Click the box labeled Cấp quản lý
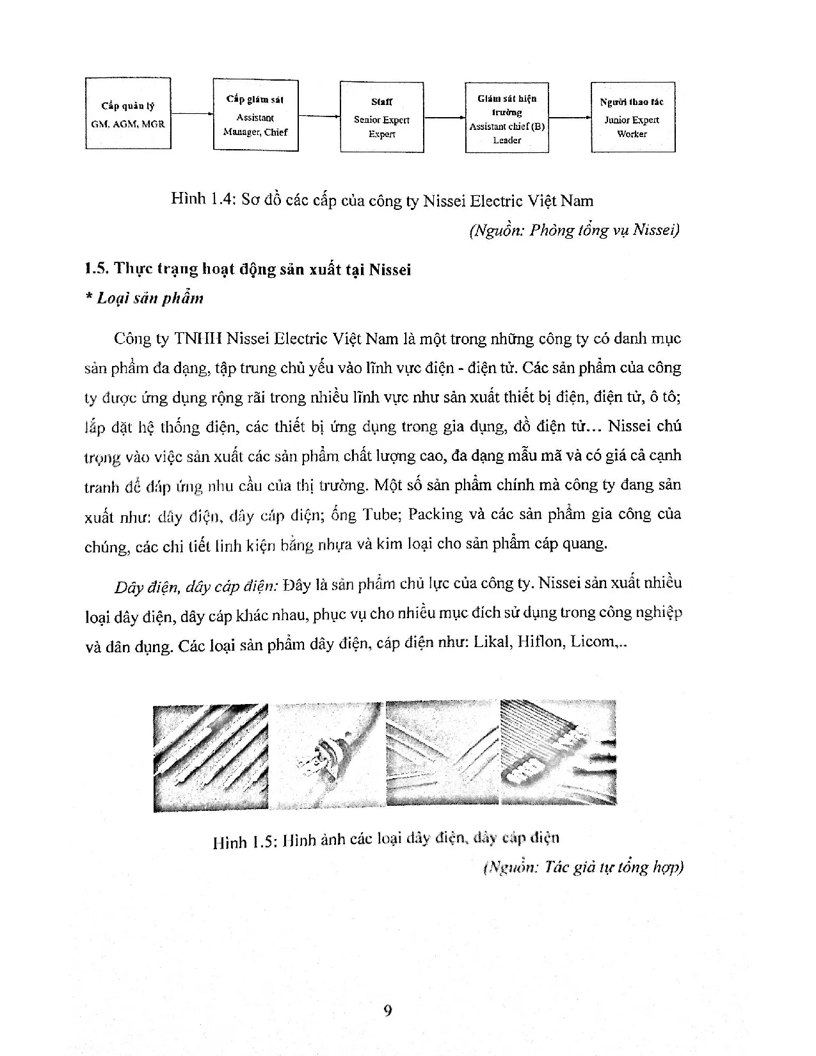pos(128,114)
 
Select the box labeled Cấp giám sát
pos(255,115)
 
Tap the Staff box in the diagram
pos(381,116)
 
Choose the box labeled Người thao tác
pos(632,116)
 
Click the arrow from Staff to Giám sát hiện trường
pos(444,117)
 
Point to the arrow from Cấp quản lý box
pos(191,114)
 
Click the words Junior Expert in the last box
pos(632,120)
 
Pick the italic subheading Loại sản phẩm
pos(150,298)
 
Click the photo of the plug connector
pos(326,756)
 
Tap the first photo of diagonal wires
pos(211,756)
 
